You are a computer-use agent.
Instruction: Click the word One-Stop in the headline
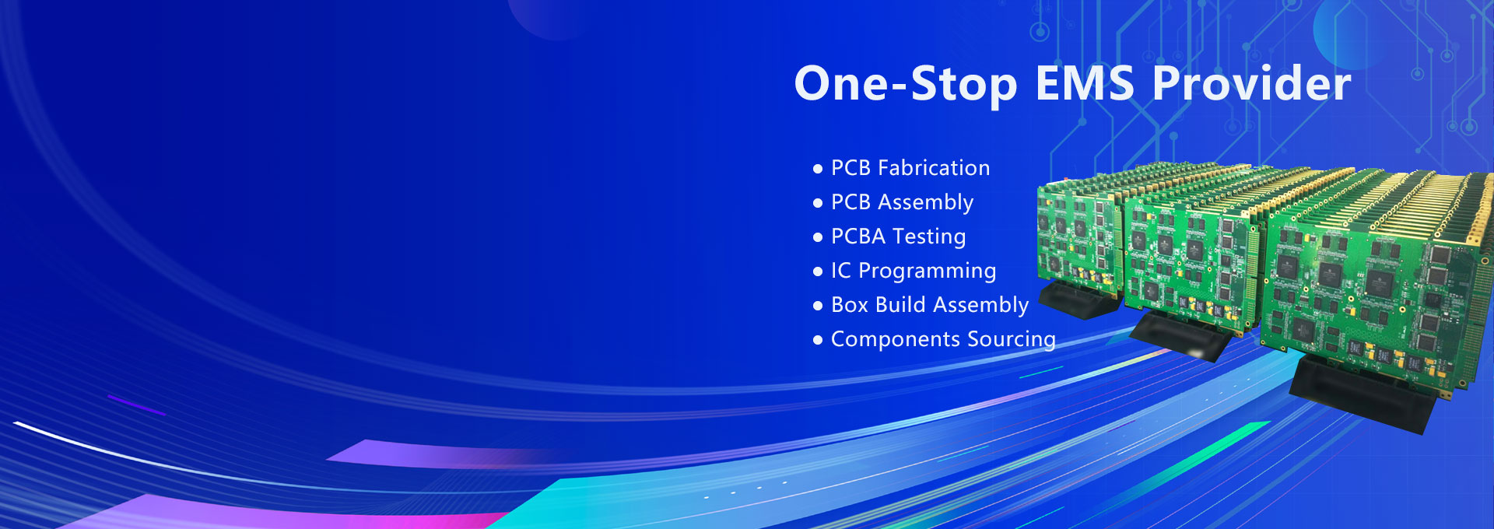coord(905,83)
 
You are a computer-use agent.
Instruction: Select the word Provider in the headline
coord(1251,83)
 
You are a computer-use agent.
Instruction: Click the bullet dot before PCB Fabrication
coord(817,169)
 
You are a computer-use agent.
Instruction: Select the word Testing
coord(929,236)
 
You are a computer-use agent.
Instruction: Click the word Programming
coord(927,271)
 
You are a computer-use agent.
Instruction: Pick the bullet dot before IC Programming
coord(817,272)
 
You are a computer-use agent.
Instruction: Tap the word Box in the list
coord(849,305)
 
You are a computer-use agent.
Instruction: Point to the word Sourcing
coord(1011,339)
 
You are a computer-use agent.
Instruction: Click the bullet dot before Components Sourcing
coord(817,340)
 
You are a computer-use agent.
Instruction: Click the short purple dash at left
coord(136,405)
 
